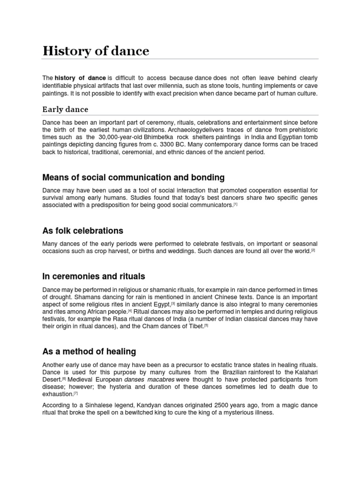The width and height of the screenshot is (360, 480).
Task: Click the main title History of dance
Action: click(x=96, y=51)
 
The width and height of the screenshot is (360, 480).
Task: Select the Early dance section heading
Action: click(x=65, y=109)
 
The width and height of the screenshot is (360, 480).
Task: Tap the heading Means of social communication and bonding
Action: click(x=133, y=178)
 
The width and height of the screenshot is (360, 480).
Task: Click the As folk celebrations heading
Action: click(x=82, y=231)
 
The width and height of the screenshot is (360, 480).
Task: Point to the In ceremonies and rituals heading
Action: click(x=93, y=276)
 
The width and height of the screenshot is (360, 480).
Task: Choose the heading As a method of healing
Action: click(x=89, y=352)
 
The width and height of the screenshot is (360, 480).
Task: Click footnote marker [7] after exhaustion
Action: click(x=75, y=394)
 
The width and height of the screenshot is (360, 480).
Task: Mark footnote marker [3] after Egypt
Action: click(x=173, y=303)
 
